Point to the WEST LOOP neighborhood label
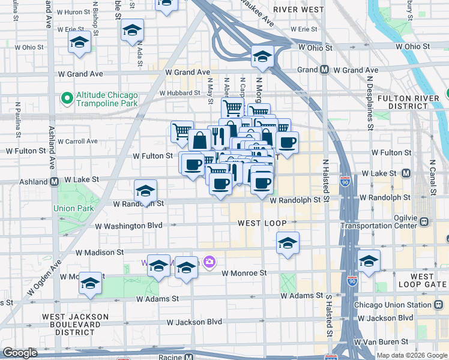258,223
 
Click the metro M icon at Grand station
324,70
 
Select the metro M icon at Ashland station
54,181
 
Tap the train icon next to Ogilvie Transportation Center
424,221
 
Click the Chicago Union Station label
393,305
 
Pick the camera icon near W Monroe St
209,261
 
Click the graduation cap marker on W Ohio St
262,56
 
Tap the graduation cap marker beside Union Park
145,191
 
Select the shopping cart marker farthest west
181,131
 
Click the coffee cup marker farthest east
288,142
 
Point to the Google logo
20,353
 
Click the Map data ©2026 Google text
412,355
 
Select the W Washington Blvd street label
130,226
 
